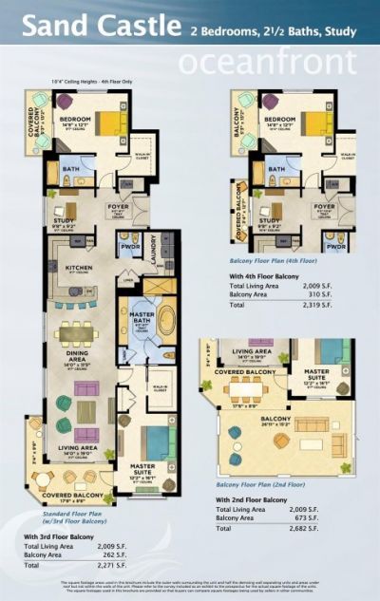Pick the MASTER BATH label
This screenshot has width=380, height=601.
pyautogui.click(x=139, y=324)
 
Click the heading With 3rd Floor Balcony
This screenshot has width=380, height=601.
pyautogui.click(x=59, y=538)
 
